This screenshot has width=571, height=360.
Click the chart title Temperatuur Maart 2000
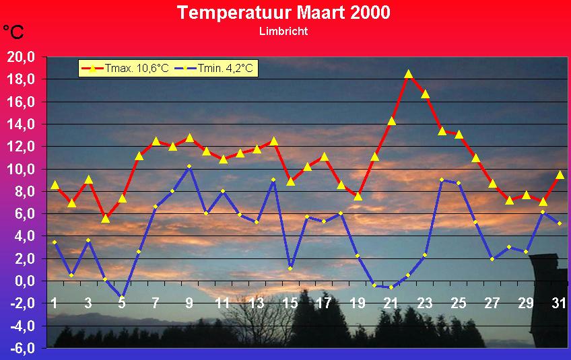pos(283,12)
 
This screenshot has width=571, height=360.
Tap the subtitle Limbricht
pos(283,31)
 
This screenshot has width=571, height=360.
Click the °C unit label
pos(13,32)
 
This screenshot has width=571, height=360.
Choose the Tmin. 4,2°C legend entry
pos(213,68)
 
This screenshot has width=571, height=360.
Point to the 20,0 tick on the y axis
pos(21,57)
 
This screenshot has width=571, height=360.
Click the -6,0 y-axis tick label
pos(22,349)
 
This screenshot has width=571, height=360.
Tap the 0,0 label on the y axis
pos(25,281)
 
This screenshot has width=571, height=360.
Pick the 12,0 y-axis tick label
pos(21,147)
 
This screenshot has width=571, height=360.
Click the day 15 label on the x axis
pos(290,303)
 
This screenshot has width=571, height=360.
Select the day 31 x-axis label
pos(559,303)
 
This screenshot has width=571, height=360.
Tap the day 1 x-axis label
pos(55,303)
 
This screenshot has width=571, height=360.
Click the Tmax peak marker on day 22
pos(409,74)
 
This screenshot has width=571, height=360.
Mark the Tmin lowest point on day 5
pos(122,297)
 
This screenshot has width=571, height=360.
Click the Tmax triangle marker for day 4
pos(105,219)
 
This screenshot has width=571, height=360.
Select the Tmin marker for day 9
pos(189,166)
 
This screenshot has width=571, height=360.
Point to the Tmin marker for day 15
pos(290,268)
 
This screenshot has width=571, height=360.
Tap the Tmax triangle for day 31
pos(560,175)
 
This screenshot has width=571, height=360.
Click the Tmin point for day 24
pos(442,180)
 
